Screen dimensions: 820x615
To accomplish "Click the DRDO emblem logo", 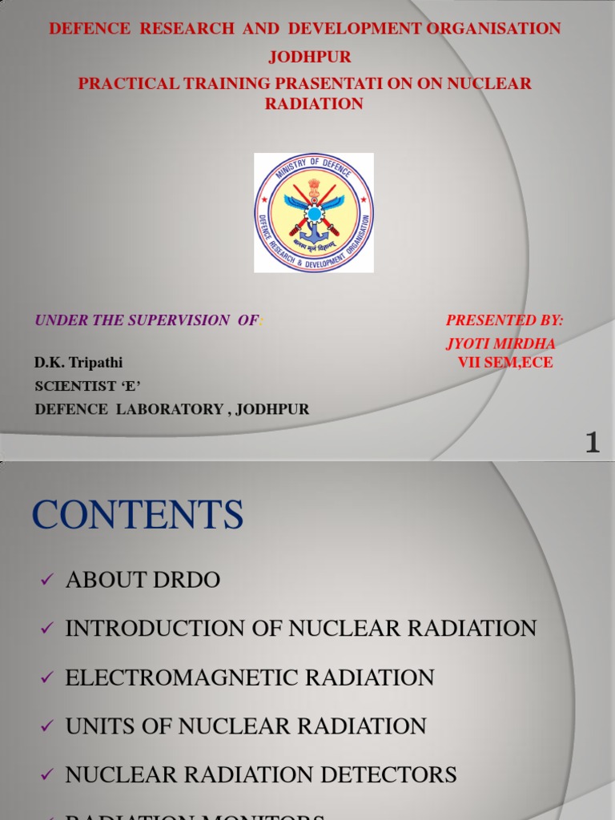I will pyautogui.click(x=314, y=212).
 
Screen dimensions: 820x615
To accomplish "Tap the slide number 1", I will pyautogui.click(x=592, y=442).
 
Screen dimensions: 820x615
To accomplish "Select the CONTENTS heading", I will pyautogui.click(x=138, y=515).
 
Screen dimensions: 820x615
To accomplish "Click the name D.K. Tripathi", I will pyautogui.click(x=78, y=363).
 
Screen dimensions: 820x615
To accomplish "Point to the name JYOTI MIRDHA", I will pyautogui.click(x=500, y=344).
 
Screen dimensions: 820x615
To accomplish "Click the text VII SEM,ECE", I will pyautogui.click(x=505, y=363).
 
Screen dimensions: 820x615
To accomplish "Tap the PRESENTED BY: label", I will pyautogui.click(x=504, y=320).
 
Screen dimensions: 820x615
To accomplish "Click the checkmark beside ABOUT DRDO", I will pyautogui.click(x=45, y=581).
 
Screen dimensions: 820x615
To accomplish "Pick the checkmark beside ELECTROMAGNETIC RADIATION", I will pyautogui.click(x=45, y=679).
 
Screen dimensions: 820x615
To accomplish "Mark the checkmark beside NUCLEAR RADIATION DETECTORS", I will pyautogui.click(x=45, y=776).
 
